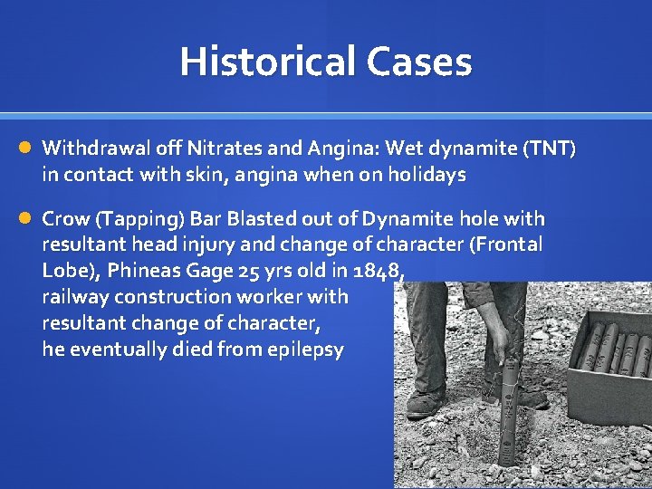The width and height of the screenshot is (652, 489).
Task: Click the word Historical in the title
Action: coord(267,62)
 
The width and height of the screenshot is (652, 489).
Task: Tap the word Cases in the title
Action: coord(419,62)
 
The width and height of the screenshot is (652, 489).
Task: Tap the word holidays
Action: coord(423,174)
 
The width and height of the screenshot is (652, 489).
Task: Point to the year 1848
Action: coord(372,271)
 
